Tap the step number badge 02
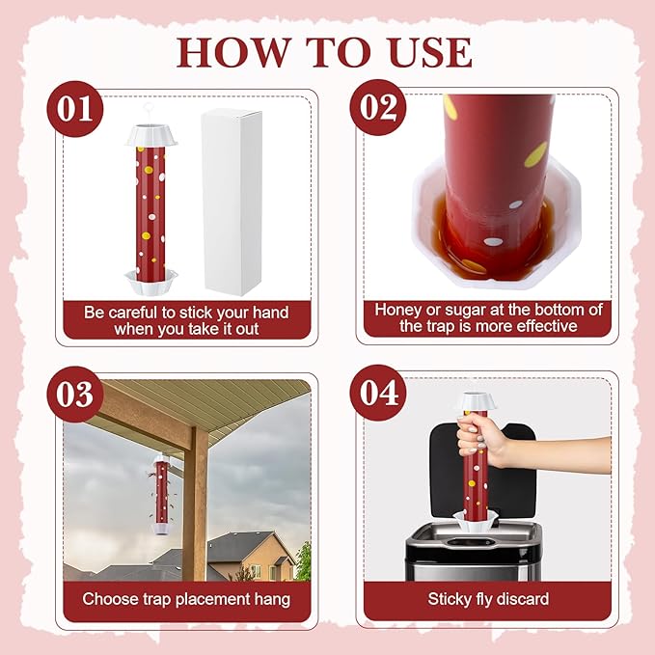pyautogui.click(x=377, y=107)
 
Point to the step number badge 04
pyautogui.click(x=377, y=394)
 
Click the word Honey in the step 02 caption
pyautogui.click(x=398, y=310)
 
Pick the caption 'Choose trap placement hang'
pyautogui.click(x=186, y=599)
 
